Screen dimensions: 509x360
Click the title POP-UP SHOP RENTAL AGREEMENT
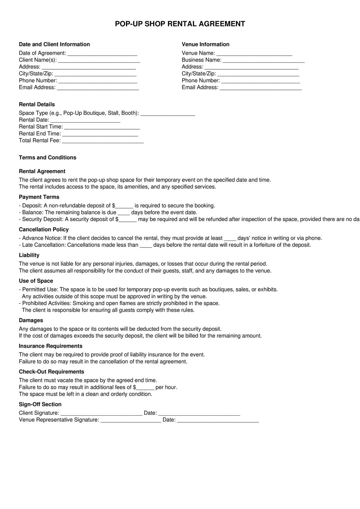tap(180, 24)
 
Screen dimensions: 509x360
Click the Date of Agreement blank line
tap(102, 54)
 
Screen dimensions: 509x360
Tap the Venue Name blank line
tap(254, 54)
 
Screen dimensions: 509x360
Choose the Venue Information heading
tap(205, 44)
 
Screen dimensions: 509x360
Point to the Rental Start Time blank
tap(102, 127)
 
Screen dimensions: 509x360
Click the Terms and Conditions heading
tap(47, 158)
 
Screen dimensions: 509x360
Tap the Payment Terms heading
tap(39, 197)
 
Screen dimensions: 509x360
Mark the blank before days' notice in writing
tap(230, 239)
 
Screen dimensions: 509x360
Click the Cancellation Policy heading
tap(44, 230)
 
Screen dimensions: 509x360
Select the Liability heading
tap(29, 255)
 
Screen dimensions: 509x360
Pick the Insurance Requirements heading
tap(50, 346)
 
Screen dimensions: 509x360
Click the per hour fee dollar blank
tap(145, 388)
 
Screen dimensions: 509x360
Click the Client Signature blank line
tap(101, 413)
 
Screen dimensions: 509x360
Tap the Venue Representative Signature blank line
tap(131, 420)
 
